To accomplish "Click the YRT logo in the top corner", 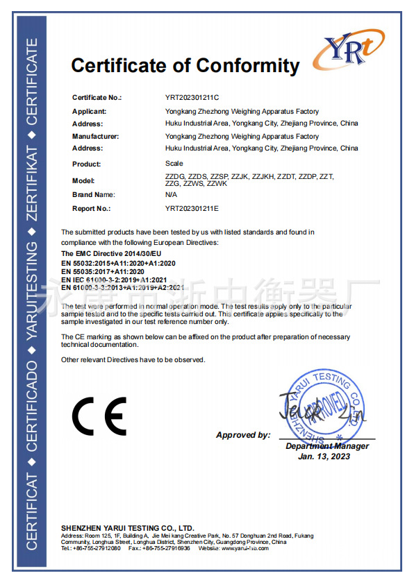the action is [x=347, y=49].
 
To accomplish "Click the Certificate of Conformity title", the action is [x=185, y=66].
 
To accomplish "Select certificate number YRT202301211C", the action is [x=192, y=98].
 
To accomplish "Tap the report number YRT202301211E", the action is [x=192, y=207].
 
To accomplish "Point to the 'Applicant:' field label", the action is [x=89, y=111].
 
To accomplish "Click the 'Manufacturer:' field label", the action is [x=96, y=137].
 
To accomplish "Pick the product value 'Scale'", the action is [x=174, y=164].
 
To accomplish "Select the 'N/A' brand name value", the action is [x=171, y=195].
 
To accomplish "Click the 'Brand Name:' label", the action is [x=93, y=195].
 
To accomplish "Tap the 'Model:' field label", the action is [x=83, y=180].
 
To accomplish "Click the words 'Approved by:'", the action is [x=243, y=435].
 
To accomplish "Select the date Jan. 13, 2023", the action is [x=324, y=456].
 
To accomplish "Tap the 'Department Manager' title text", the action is [x=327, y=446].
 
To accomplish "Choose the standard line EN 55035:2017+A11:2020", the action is [x=108, y=271].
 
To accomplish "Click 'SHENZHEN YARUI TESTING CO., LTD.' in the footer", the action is [x=127, y=528].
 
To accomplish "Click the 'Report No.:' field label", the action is [x=91, y=207].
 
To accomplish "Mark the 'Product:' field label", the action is [x=86, y=164].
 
